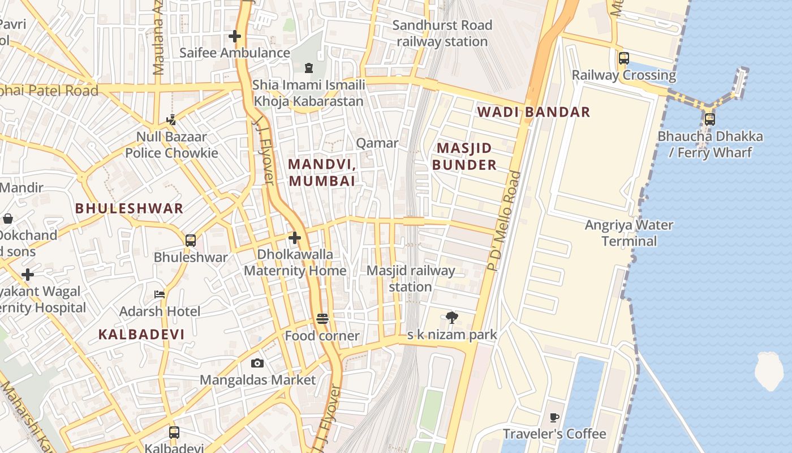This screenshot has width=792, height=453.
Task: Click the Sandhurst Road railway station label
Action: (x=442, y=33)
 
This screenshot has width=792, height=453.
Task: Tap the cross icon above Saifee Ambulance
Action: (x=235, y=37)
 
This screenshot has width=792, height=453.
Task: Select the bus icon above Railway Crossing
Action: (x=624, y=58)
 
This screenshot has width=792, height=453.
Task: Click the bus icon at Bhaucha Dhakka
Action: (x=709, y=119)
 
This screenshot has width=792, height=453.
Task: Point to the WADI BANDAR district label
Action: (x=533, y=112)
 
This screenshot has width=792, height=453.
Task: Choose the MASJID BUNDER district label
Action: (x=464, y=157)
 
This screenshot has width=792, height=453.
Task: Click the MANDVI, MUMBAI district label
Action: (x=322, y=173)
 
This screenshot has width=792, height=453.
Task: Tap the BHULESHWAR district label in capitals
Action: (x=129, y=208)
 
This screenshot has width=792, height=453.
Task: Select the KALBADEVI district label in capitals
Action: (x=141, y=334)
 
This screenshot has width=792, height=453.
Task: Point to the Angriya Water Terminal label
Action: (x=629, y=233)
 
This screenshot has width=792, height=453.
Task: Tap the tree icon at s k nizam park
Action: (x=451, y=318)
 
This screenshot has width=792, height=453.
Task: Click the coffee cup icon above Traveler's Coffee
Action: (x=554, y=418)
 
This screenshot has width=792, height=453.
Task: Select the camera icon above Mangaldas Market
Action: (x=257, y=363)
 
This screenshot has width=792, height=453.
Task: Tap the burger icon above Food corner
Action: (x=322, y=319)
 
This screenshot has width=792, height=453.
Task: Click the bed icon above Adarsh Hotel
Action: (x=160, y=294)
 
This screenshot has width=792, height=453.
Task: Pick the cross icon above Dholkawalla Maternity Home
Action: (x=294, y=238)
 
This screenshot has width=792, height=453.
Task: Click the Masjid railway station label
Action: (x=411, y=279)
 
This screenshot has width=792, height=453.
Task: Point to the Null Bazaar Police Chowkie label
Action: (x=171, y=145)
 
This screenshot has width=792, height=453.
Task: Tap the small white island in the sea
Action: (x=769, y=371)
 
